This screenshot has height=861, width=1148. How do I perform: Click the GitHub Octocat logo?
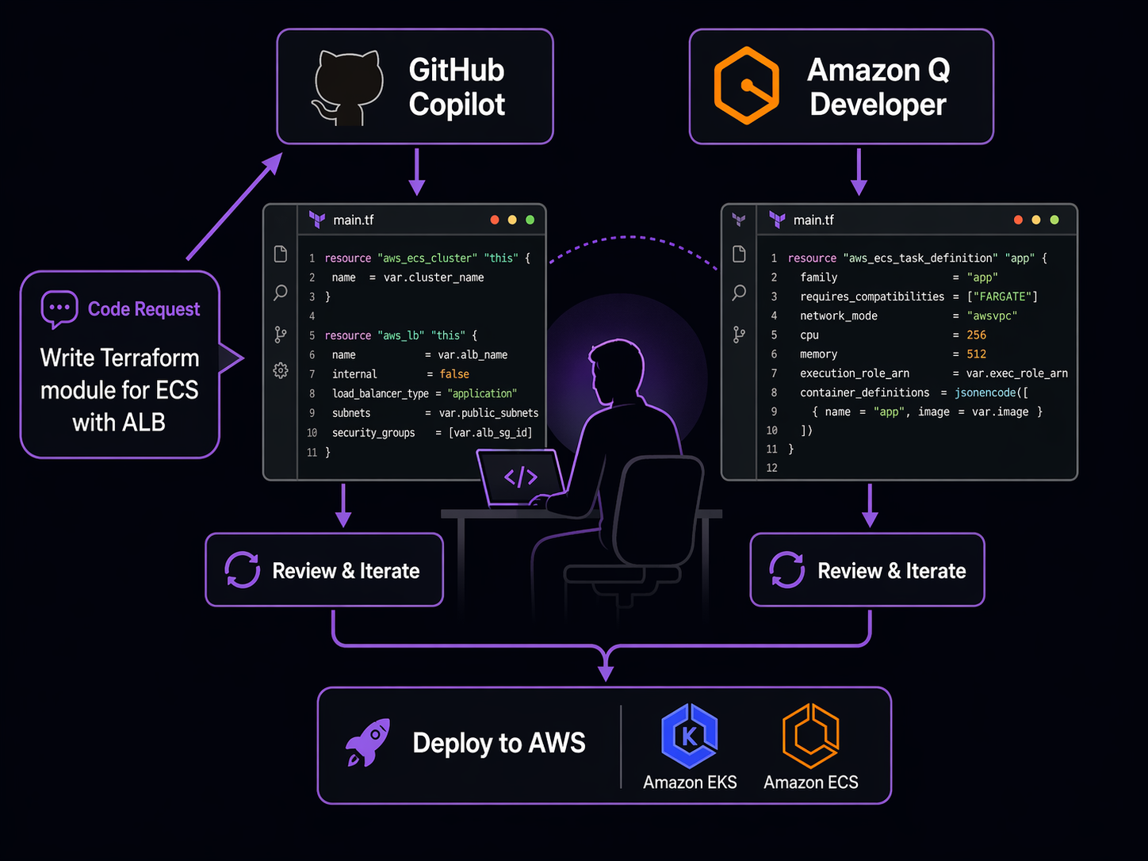pyautogui.click(x=349, y=87)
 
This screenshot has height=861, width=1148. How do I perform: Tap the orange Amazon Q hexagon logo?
pyautogui.click(x=746, y=86)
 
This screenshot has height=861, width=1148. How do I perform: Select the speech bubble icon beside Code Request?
pyautogui.click(x=59, y=309)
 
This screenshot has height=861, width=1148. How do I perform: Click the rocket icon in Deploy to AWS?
pyautogui.click(x=369, y=743)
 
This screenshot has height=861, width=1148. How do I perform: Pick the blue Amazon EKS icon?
pyautogui.click(x=689, y=736)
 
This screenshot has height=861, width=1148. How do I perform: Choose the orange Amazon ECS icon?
pyautogui.click(x=810, y=736)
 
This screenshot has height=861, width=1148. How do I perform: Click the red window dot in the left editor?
pyautogui.click(x=495, y=220)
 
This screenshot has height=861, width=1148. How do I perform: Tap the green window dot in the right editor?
pyautogui.click(x=1054, y=220)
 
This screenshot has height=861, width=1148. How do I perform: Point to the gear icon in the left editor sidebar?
pyautogui.click(x=281, y=370)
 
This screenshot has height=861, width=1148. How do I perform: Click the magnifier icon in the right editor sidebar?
pyautogui.click(x=739, y=293)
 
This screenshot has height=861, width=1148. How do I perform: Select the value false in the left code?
pyautogui.click(x=454, y=374)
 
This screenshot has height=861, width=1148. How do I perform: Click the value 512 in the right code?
pyautogui.click(x=976, y=354)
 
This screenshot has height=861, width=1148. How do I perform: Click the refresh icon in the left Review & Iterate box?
pyautogui.click(x=242, y=570)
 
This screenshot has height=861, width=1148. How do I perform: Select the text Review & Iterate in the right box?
pyautogui.click(x=891, y=571)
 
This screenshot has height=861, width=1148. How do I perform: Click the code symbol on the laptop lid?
pyautogui.click(x=521, y=477)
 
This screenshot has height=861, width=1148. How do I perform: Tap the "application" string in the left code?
pyautogui.click(x=482, y=393)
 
